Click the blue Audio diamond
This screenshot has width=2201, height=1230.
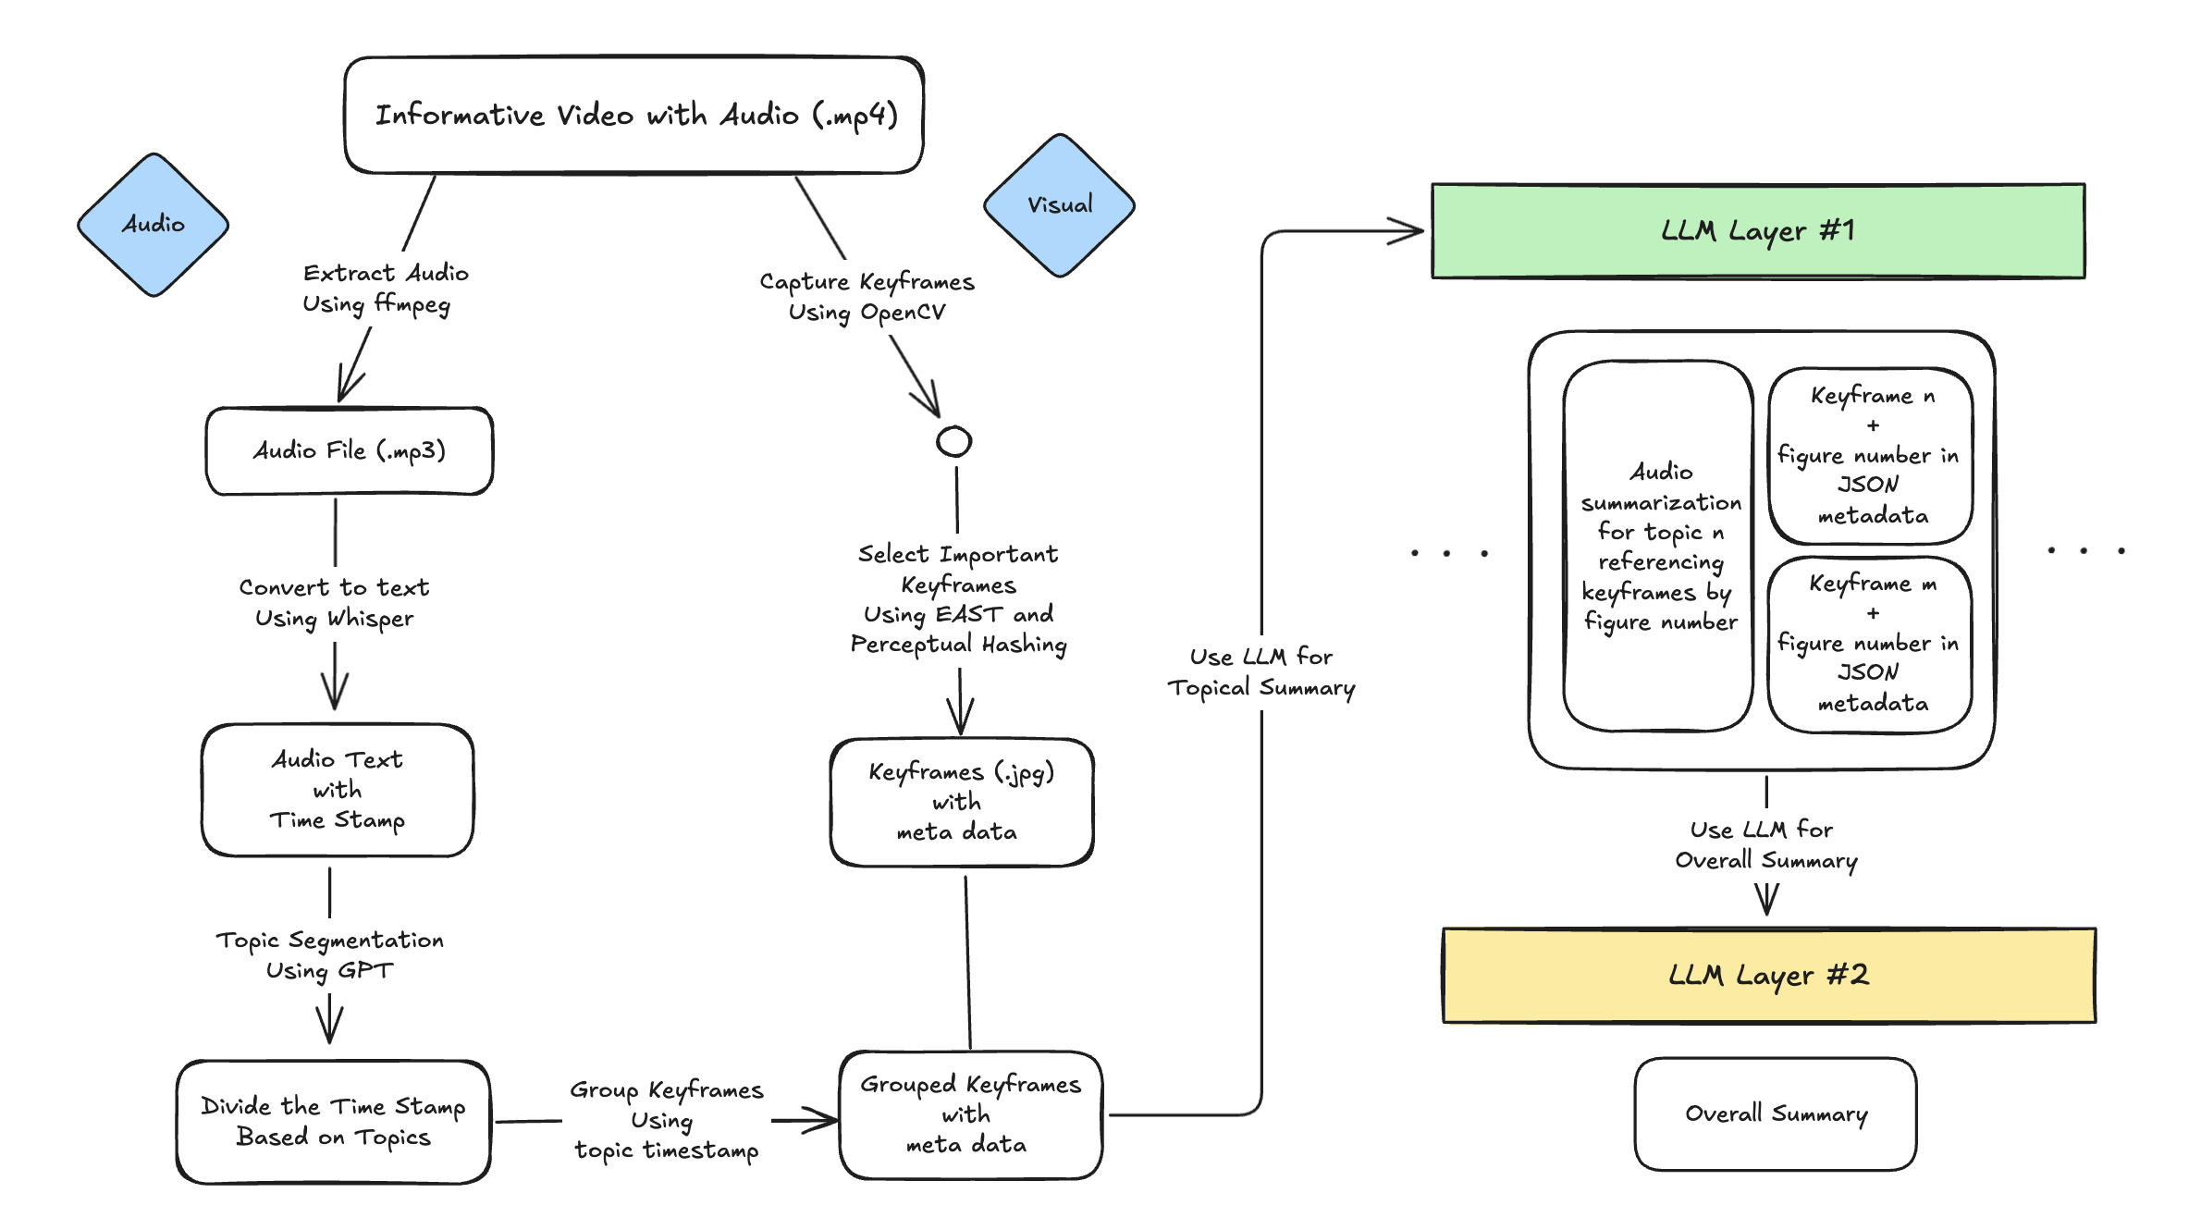[153, 225]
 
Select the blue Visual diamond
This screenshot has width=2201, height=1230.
[1059, 205]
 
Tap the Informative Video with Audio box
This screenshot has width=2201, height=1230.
[634, 116]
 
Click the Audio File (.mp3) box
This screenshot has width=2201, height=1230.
[350, 451]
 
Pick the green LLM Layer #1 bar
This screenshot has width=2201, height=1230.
[1757, 231]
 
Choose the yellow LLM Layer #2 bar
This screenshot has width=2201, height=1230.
[1768, 975]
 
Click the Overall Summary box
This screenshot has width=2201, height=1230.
[1775, 1113]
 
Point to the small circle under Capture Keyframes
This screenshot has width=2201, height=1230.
[953, 441]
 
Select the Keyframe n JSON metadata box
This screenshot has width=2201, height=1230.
[1870, 455]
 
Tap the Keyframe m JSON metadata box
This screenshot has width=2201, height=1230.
[1870, 644]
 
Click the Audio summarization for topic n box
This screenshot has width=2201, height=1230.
[1659, 546]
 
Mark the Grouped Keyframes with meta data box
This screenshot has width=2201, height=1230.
[969, 1114]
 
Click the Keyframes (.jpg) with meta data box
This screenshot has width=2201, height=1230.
[961, 802]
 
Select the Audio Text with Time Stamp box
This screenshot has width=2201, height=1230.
[338, 790]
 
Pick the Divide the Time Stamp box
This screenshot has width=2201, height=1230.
[333, 1121]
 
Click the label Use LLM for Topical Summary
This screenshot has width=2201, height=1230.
[1260, 672]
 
